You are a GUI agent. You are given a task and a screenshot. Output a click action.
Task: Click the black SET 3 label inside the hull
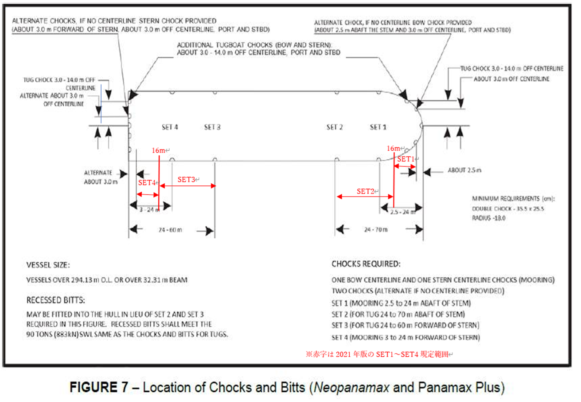[x=212, y=127]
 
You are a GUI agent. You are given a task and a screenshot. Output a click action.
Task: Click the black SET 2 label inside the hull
[x=335, y=127]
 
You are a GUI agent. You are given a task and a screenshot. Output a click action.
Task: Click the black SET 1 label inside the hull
[x=378, y=127]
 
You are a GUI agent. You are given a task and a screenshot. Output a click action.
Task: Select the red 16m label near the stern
[x=158, y=151]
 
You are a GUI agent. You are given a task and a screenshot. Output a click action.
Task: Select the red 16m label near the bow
[x=393, y=148]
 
